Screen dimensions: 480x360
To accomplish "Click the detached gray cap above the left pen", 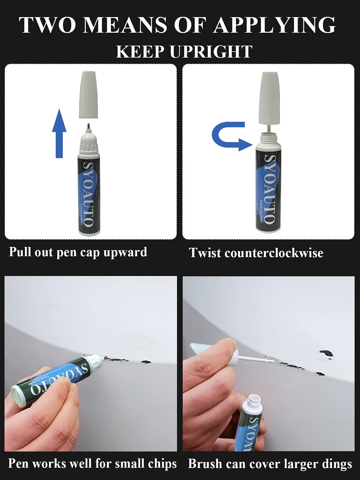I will (x=88, y=94).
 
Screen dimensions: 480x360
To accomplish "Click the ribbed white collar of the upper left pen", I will (x=88, y=147).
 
